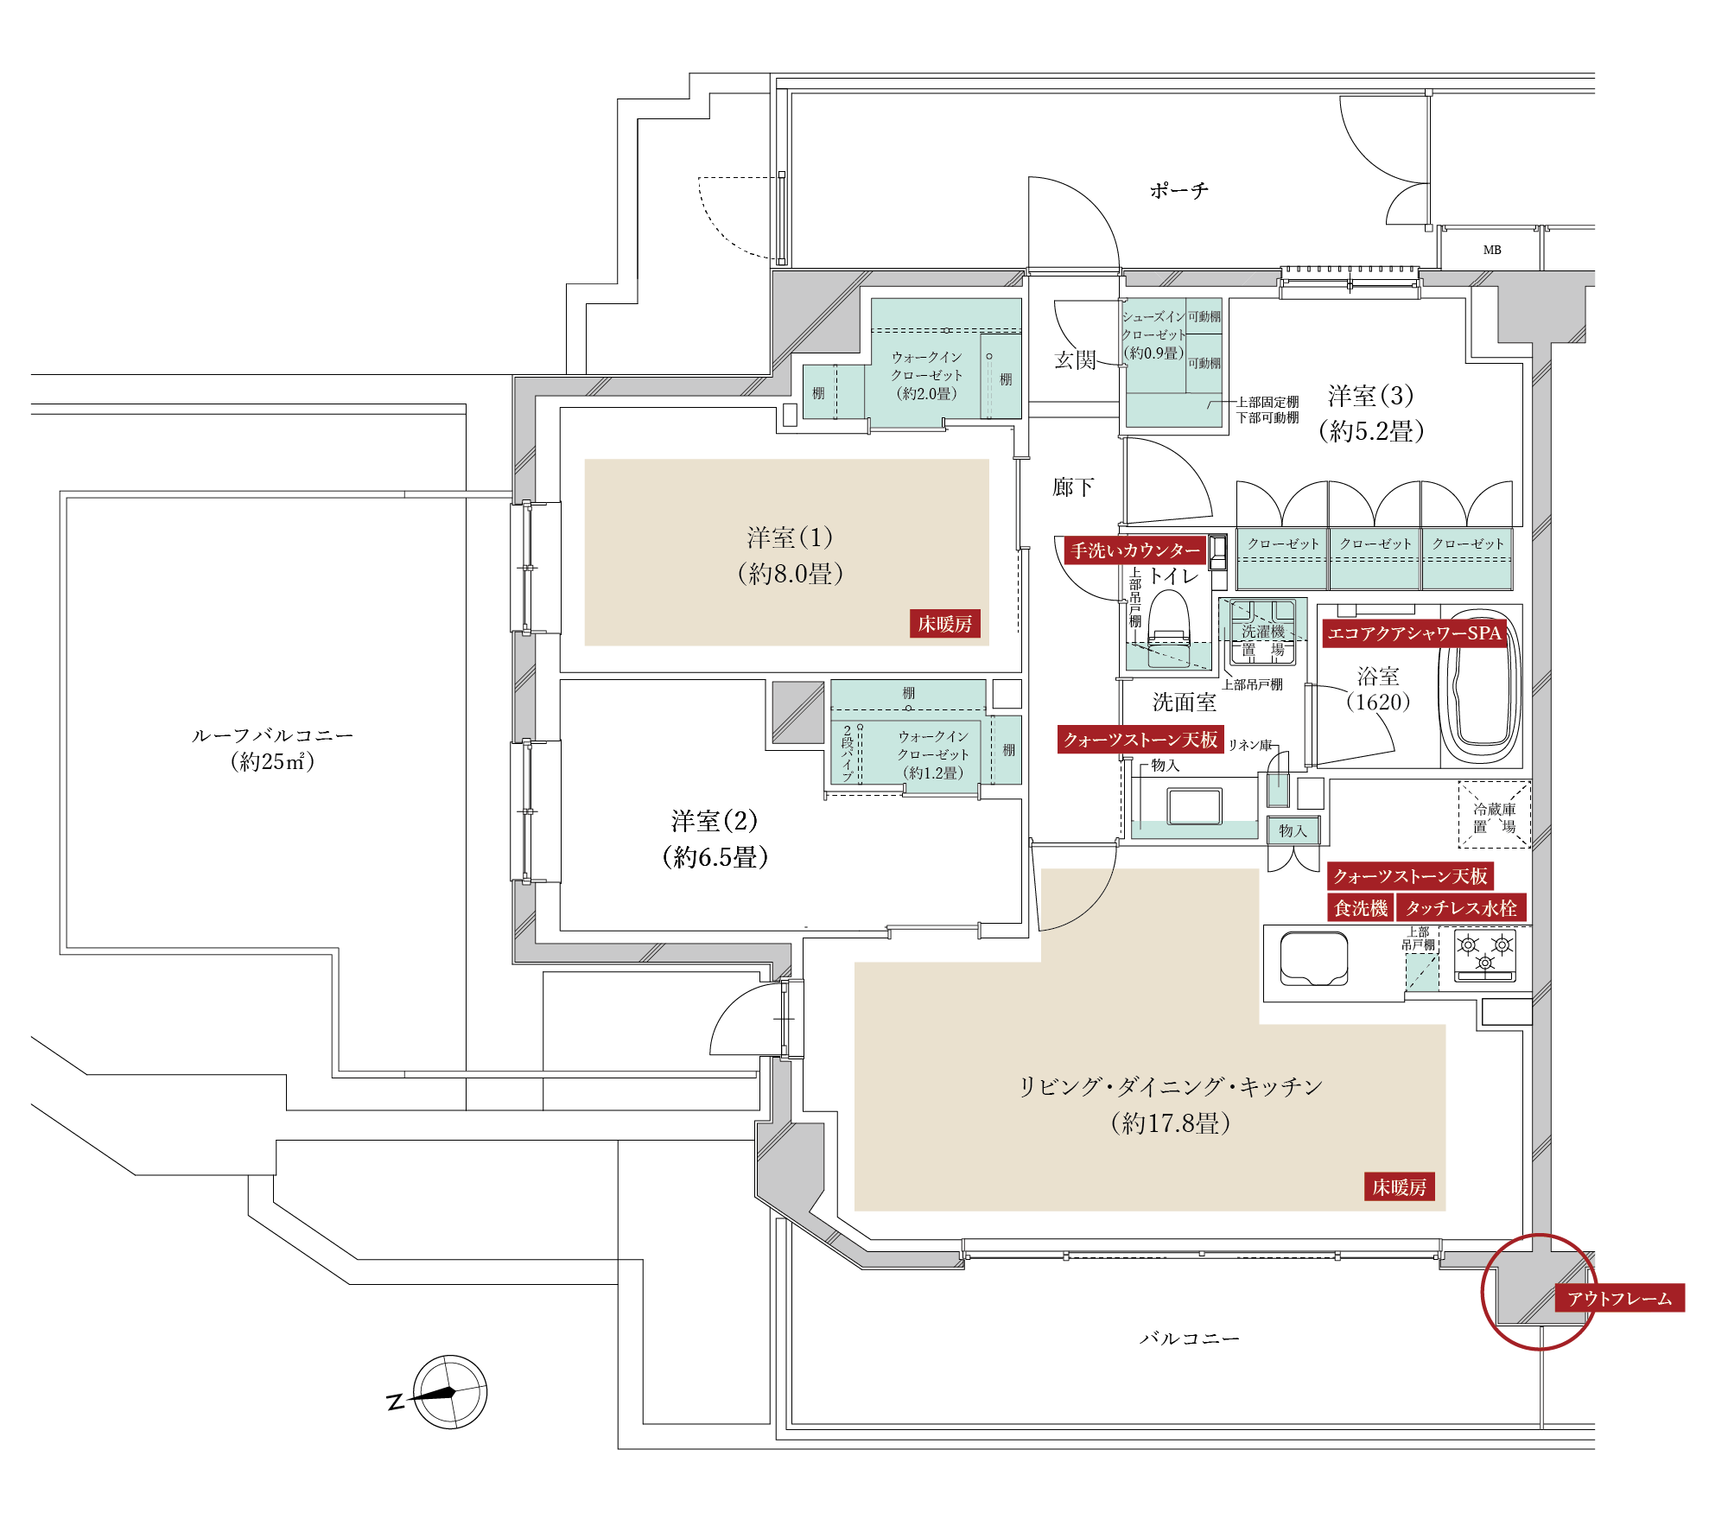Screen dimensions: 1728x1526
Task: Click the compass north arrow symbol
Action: click(x=449, y=1392)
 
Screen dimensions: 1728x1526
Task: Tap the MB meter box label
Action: click(x=1492, y=250)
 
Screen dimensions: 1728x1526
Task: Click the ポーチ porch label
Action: click(x=1178, y=190)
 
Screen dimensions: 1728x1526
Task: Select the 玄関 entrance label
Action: click(x=1075, y=359)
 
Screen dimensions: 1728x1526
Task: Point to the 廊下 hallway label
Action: click(x=1073, y=487)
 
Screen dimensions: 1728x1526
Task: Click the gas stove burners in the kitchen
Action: click(x=1485, y=955)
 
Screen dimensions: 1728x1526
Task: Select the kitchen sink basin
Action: click(x=1313, y=957)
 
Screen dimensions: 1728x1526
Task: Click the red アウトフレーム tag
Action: click(x=1620, y=1298)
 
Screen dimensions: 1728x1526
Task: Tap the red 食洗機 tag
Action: click(x=1361, y=907)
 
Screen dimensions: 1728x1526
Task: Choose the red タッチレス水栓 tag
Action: click(x=1461, y=907)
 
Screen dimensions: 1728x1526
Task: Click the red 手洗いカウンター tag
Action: click(x=1135, y=550)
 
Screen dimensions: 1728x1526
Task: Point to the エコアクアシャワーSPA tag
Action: click(x=1414, y=633)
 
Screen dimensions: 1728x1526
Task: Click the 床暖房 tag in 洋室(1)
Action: click(x=945, y=624)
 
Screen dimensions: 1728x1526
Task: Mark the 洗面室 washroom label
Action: click(x=1185, y=703)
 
